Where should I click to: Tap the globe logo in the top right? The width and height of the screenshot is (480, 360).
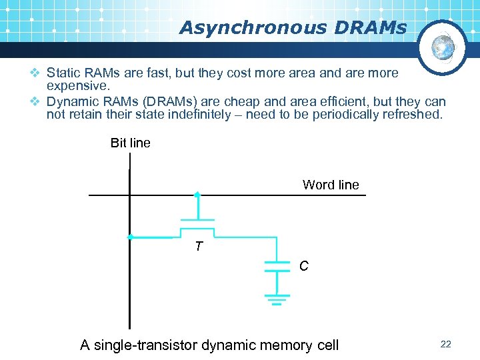[442, 47]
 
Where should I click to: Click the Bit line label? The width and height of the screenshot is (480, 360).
[130, 143]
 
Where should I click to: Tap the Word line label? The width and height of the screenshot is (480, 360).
[331, 185]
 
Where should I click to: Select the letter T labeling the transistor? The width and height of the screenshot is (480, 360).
[198, 247]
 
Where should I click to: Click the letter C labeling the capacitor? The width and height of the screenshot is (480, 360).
[303, 266]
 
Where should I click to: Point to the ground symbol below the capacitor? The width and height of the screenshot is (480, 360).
[277, 300]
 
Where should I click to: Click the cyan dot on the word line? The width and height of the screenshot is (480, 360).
[197, 195]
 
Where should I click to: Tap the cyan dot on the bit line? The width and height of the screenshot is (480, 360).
[131, 237]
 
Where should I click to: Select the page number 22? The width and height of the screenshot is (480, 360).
[446, 344]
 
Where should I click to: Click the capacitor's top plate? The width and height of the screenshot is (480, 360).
[277, 262]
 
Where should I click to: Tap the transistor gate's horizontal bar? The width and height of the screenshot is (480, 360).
[197, 219]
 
